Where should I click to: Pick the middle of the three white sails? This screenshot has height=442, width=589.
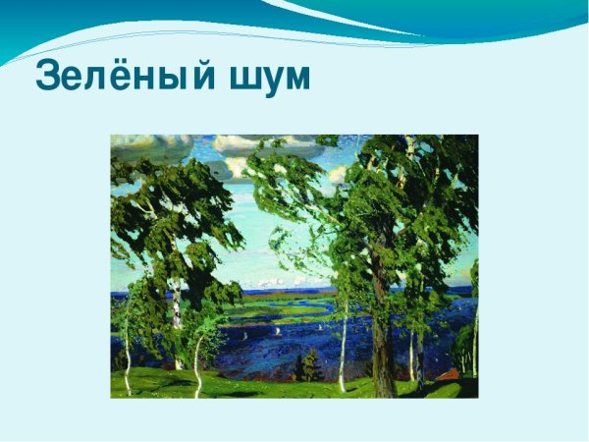pyautogui.click(x=278, y=332)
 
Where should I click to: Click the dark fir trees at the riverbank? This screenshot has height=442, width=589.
pyautogui.click(x=307, y=367)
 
